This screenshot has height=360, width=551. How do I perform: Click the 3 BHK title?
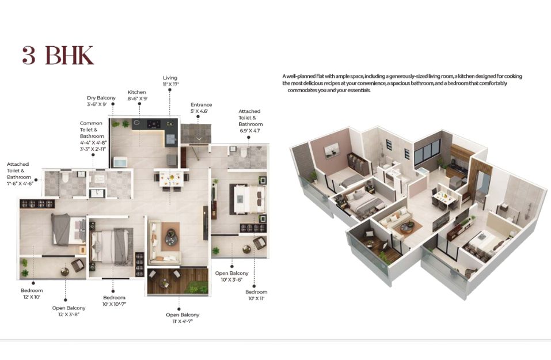point(58,55)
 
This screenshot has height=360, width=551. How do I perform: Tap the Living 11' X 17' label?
point(170,81)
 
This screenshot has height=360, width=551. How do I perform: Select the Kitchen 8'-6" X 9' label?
point(137,95)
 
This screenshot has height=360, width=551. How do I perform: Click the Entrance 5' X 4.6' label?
point(201,108)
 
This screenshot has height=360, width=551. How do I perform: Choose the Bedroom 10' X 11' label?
point(256,295)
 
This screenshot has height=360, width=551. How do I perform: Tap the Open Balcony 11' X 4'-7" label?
point(183,318)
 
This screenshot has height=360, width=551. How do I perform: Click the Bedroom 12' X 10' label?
point(32,294)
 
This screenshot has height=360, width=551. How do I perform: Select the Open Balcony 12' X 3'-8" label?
point(69,311)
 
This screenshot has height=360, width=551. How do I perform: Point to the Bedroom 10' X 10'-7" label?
point(114,301)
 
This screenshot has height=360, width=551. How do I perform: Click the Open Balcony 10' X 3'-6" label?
point(231,276)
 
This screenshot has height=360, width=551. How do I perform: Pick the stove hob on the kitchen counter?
point(154,124)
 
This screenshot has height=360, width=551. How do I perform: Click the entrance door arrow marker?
point(199,138)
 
